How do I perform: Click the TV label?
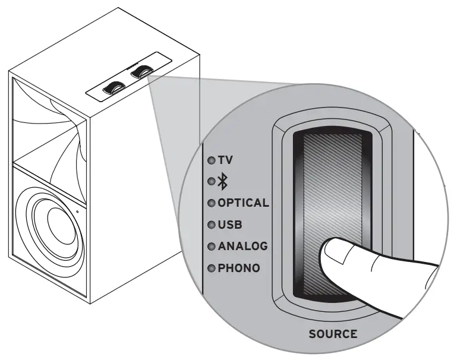(225, 160)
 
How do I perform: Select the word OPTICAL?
(243, 203)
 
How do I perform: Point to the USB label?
(230, 225)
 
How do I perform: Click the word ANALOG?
(242, 246)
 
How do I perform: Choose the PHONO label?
(239, 268)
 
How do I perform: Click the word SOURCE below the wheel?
(333, 334)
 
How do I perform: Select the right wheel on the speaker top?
(141, 72)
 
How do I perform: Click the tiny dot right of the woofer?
(77, 210)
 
